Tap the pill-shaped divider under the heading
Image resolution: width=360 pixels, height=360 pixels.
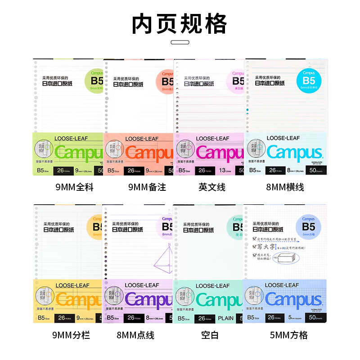180,43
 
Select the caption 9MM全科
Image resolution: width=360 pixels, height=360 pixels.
74,187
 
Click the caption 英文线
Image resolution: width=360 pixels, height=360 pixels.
212,187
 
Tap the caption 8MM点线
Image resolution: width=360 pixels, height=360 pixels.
143,335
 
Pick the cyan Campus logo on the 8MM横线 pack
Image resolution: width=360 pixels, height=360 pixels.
294,153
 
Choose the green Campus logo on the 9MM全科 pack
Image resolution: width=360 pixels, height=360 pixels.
79,153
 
